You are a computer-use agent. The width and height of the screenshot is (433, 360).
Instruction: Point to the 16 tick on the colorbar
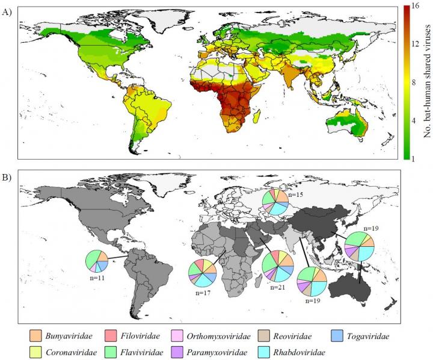[x=416, y=7]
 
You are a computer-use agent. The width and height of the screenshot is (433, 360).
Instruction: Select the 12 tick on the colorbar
[x=416, y=45]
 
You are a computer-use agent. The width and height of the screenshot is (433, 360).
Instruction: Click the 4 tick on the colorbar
[x=416, y=120]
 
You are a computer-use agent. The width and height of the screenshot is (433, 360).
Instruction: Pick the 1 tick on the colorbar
[x=416, y=157]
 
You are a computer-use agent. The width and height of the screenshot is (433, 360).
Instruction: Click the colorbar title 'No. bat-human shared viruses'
[x=426, y=81]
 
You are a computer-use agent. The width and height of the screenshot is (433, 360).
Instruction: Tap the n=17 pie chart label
[x=197, y=292]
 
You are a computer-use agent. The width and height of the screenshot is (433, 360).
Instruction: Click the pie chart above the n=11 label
[x=96, y=262]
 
